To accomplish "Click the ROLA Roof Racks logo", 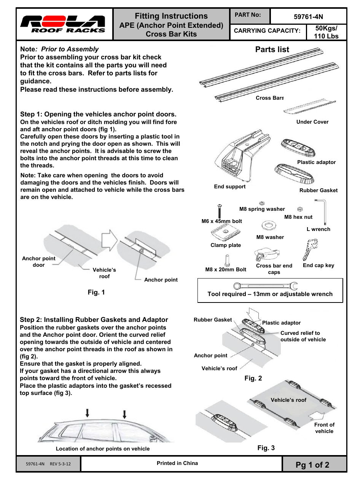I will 62,24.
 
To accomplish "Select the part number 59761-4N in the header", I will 308,17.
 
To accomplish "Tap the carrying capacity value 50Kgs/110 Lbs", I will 326,32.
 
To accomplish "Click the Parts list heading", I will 272,49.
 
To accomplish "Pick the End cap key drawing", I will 310,249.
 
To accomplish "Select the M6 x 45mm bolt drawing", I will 220,211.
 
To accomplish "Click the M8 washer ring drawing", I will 269,226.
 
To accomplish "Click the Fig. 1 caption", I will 96,292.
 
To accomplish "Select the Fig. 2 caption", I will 253,378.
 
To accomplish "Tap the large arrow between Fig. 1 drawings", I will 109,240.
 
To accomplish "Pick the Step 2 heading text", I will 94,320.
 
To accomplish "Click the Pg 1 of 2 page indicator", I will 312,465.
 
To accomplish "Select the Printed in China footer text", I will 177,463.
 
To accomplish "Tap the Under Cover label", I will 312,122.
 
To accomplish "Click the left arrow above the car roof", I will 88,413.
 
